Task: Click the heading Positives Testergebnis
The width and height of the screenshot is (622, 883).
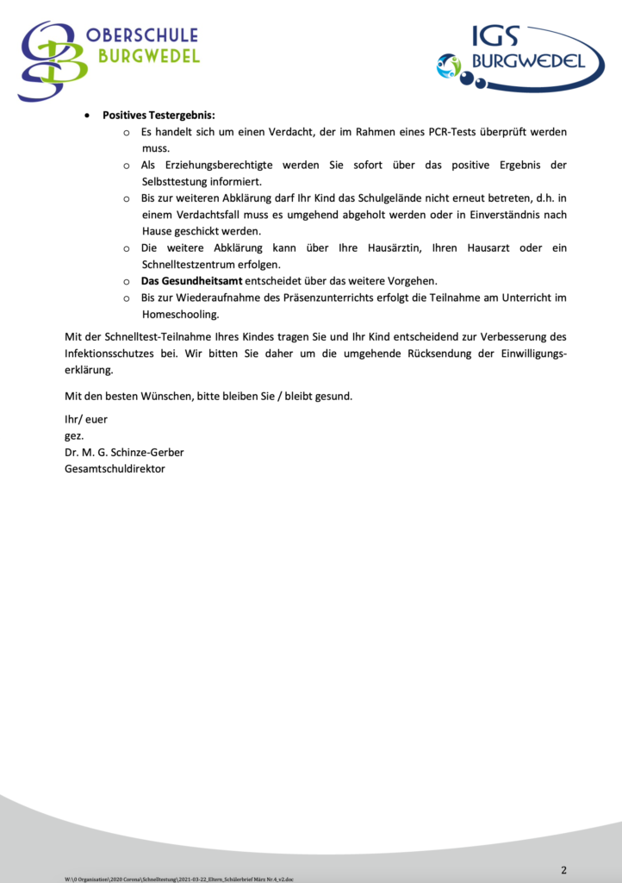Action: pyautogui.click(x=159, y=115)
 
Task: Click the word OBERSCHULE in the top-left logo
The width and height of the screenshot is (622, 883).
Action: pyautogui.click(x=142, y=35)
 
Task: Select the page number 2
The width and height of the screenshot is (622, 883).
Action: pyautogui.click(x=563, y=869)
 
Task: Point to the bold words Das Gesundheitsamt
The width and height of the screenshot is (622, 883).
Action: pyautogui.click(x=191, y=281)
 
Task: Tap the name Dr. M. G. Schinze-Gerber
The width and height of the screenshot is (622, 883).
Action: pyautogui.click(x=124, y=453)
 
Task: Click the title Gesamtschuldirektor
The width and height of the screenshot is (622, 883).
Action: pyautogui.click(x=115, y=469)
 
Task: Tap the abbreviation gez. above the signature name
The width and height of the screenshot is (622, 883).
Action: pyautogui.click(x=75, y=436)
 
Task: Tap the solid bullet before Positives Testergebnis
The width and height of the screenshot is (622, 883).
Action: pyautogui.click(x=87, y=116)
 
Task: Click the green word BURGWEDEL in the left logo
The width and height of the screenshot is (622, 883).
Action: pyautogui.click(x=149, y=56)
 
